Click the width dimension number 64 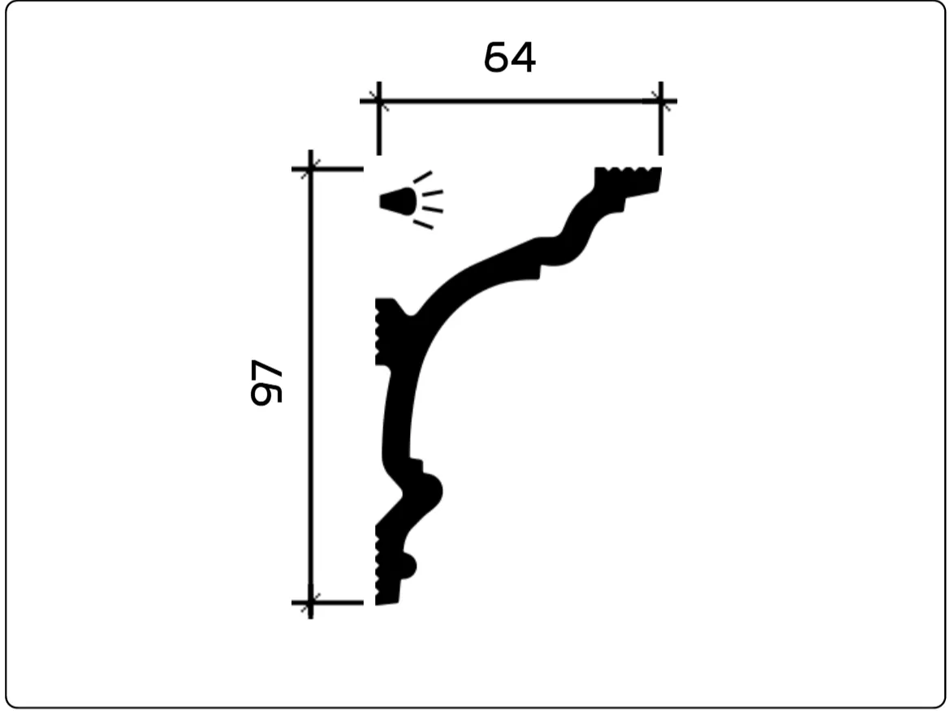pos(510,58)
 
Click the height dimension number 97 pos(266,382)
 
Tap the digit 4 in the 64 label pos(523,58)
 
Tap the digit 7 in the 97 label pos(266,371)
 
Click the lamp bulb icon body pos(398,201)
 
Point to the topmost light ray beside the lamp pos(422,177)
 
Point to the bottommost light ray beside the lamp pos(423,225)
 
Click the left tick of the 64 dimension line pos(379,101)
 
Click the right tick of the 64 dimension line pos(660,101)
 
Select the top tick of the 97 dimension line pos(310,169)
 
